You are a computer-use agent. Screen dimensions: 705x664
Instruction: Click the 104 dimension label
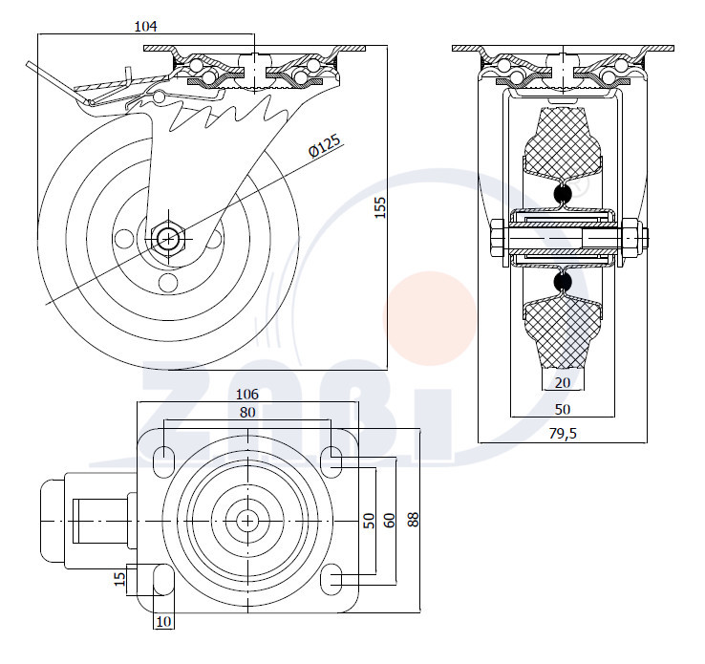point(145,27)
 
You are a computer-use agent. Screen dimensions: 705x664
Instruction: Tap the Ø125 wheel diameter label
point(326,145)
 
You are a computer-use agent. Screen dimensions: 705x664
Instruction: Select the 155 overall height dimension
point(380,207)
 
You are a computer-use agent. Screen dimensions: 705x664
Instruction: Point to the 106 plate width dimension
point(247,395)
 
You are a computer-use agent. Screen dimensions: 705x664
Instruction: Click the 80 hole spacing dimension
point(247,412)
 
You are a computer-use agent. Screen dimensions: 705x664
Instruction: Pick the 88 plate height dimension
point(414,520)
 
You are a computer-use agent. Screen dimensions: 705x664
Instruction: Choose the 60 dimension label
point(390,520)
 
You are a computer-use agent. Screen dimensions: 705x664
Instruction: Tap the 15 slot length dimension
point(119,579)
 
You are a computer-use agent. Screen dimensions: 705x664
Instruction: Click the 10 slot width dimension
point(163,621)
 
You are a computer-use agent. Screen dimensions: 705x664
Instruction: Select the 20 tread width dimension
point(563,382)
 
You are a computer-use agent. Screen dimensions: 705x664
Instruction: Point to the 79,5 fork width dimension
point(563,434)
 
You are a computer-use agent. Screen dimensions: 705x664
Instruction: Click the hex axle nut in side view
point(168,238)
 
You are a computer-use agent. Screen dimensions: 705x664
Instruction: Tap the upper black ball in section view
point(563,193)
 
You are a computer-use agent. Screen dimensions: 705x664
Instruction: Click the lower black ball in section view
point(563,282)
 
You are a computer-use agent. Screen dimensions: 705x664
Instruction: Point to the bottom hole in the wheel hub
point(168,283)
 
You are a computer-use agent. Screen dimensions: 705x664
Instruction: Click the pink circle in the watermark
point(429,318)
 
